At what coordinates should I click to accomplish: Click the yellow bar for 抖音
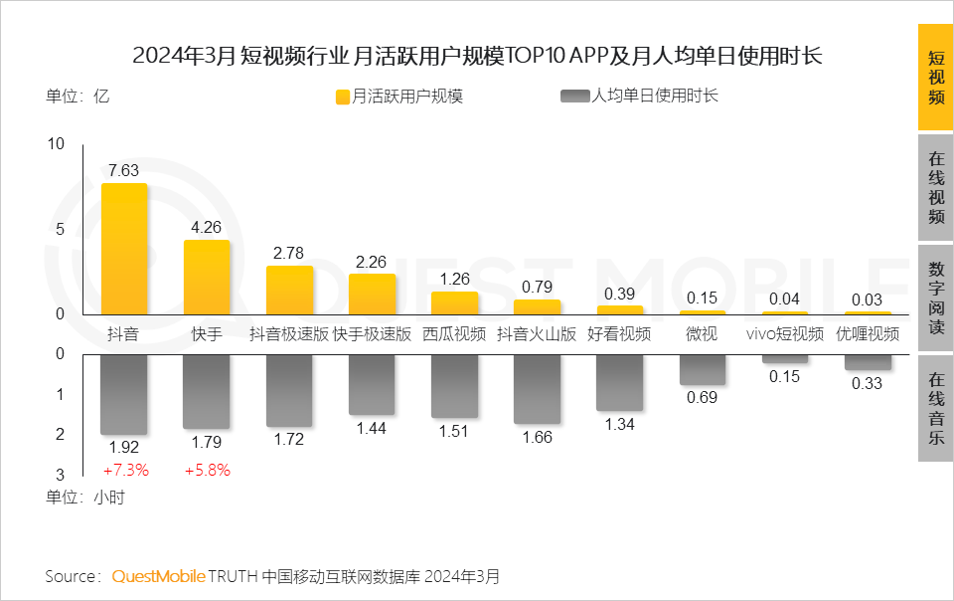[x=124, y=249]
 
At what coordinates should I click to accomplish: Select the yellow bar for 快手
[x=207, y=277]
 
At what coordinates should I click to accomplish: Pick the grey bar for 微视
[x=702, y=369]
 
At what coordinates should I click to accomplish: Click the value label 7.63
[x=124, y=170]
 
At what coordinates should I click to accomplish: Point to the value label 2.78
[x=289, y=253]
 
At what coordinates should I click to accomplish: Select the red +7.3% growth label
[x=124, y=470]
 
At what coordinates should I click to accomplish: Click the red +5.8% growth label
[x=207, y=470]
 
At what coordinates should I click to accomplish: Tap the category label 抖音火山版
[x=537, y=334]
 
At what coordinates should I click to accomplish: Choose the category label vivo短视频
[x=785, y=334]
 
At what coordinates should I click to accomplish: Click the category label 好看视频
[x=619, y=334]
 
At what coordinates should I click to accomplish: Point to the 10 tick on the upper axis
[x=56, y=144]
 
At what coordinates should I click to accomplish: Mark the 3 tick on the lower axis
[x=60, y=475]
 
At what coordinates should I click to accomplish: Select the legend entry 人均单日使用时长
[x=640, y=97]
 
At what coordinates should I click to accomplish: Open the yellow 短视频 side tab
[x=935, y=79]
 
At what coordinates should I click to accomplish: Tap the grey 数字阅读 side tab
[x=935, y=299]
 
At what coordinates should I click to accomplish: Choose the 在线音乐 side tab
[x=935, y=408]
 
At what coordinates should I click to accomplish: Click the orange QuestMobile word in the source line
[x=159, y=576]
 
